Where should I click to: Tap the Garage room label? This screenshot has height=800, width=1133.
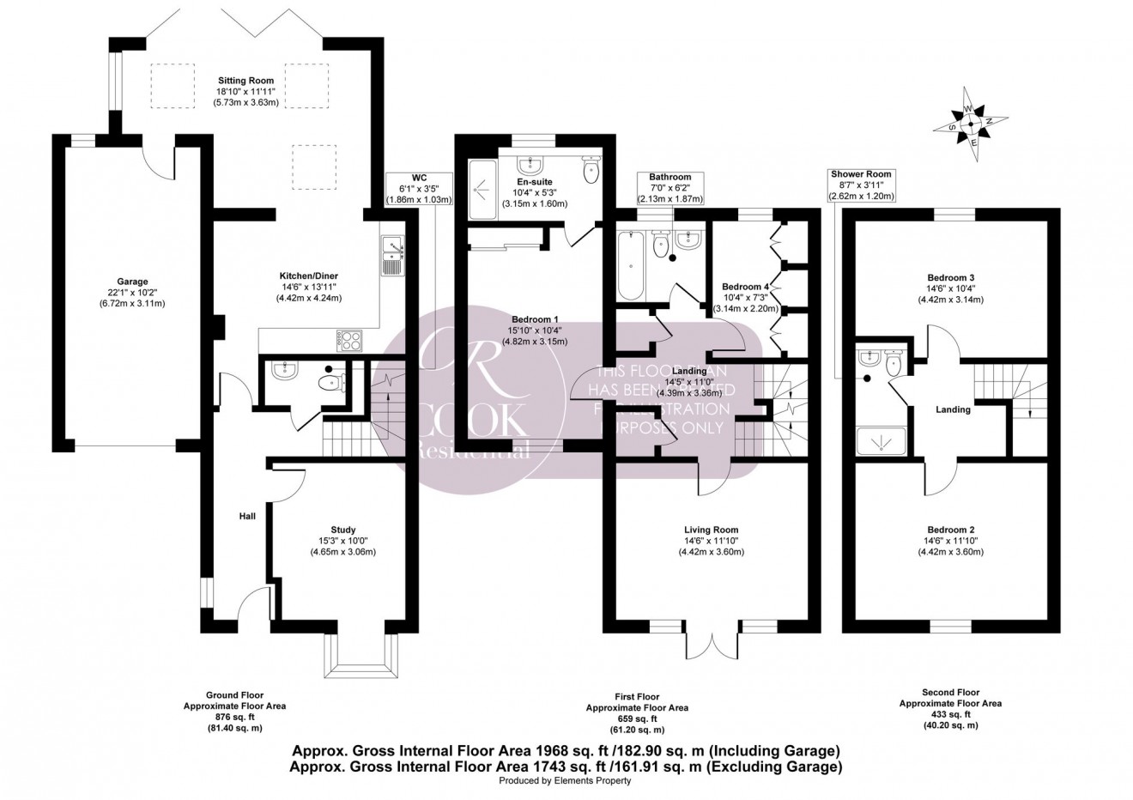(132, 281)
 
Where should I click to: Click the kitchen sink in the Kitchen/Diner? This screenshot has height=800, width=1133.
(392, 255)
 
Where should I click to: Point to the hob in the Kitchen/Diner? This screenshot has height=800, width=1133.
(352, 340)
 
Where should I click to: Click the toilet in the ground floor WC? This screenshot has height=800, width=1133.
(330, 383)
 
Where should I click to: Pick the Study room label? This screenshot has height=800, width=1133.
(342, 530)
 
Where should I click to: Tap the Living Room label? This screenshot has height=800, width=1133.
(711, 530)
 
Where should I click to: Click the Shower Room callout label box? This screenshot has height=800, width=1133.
(861, 185)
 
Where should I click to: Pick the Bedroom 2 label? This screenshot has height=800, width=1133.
(949, 530)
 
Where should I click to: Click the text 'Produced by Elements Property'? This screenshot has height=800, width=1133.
(565, 781)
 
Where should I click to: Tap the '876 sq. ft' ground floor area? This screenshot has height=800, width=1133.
(221, 717)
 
